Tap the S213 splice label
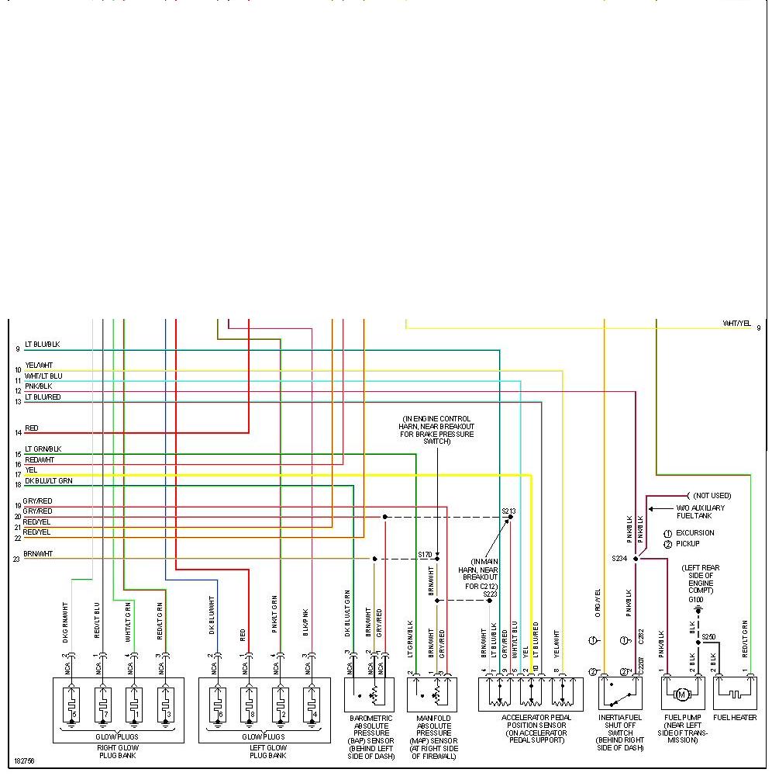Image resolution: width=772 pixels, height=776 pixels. (508, 511)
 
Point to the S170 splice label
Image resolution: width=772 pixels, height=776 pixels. (425, 555)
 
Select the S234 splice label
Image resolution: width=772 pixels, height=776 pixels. (619, 558)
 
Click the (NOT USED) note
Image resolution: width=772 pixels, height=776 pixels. (712, 495)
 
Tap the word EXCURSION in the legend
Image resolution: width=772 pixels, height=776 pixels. (695, 533)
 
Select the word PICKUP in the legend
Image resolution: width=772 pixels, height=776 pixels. (688, 544)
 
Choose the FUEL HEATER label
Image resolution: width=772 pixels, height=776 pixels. (735, 718)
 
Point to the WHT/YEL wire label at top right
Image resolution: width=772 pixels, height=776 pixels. (736, 323)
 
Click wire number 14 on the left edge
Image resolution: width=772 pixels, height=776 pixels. (18, 433)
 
